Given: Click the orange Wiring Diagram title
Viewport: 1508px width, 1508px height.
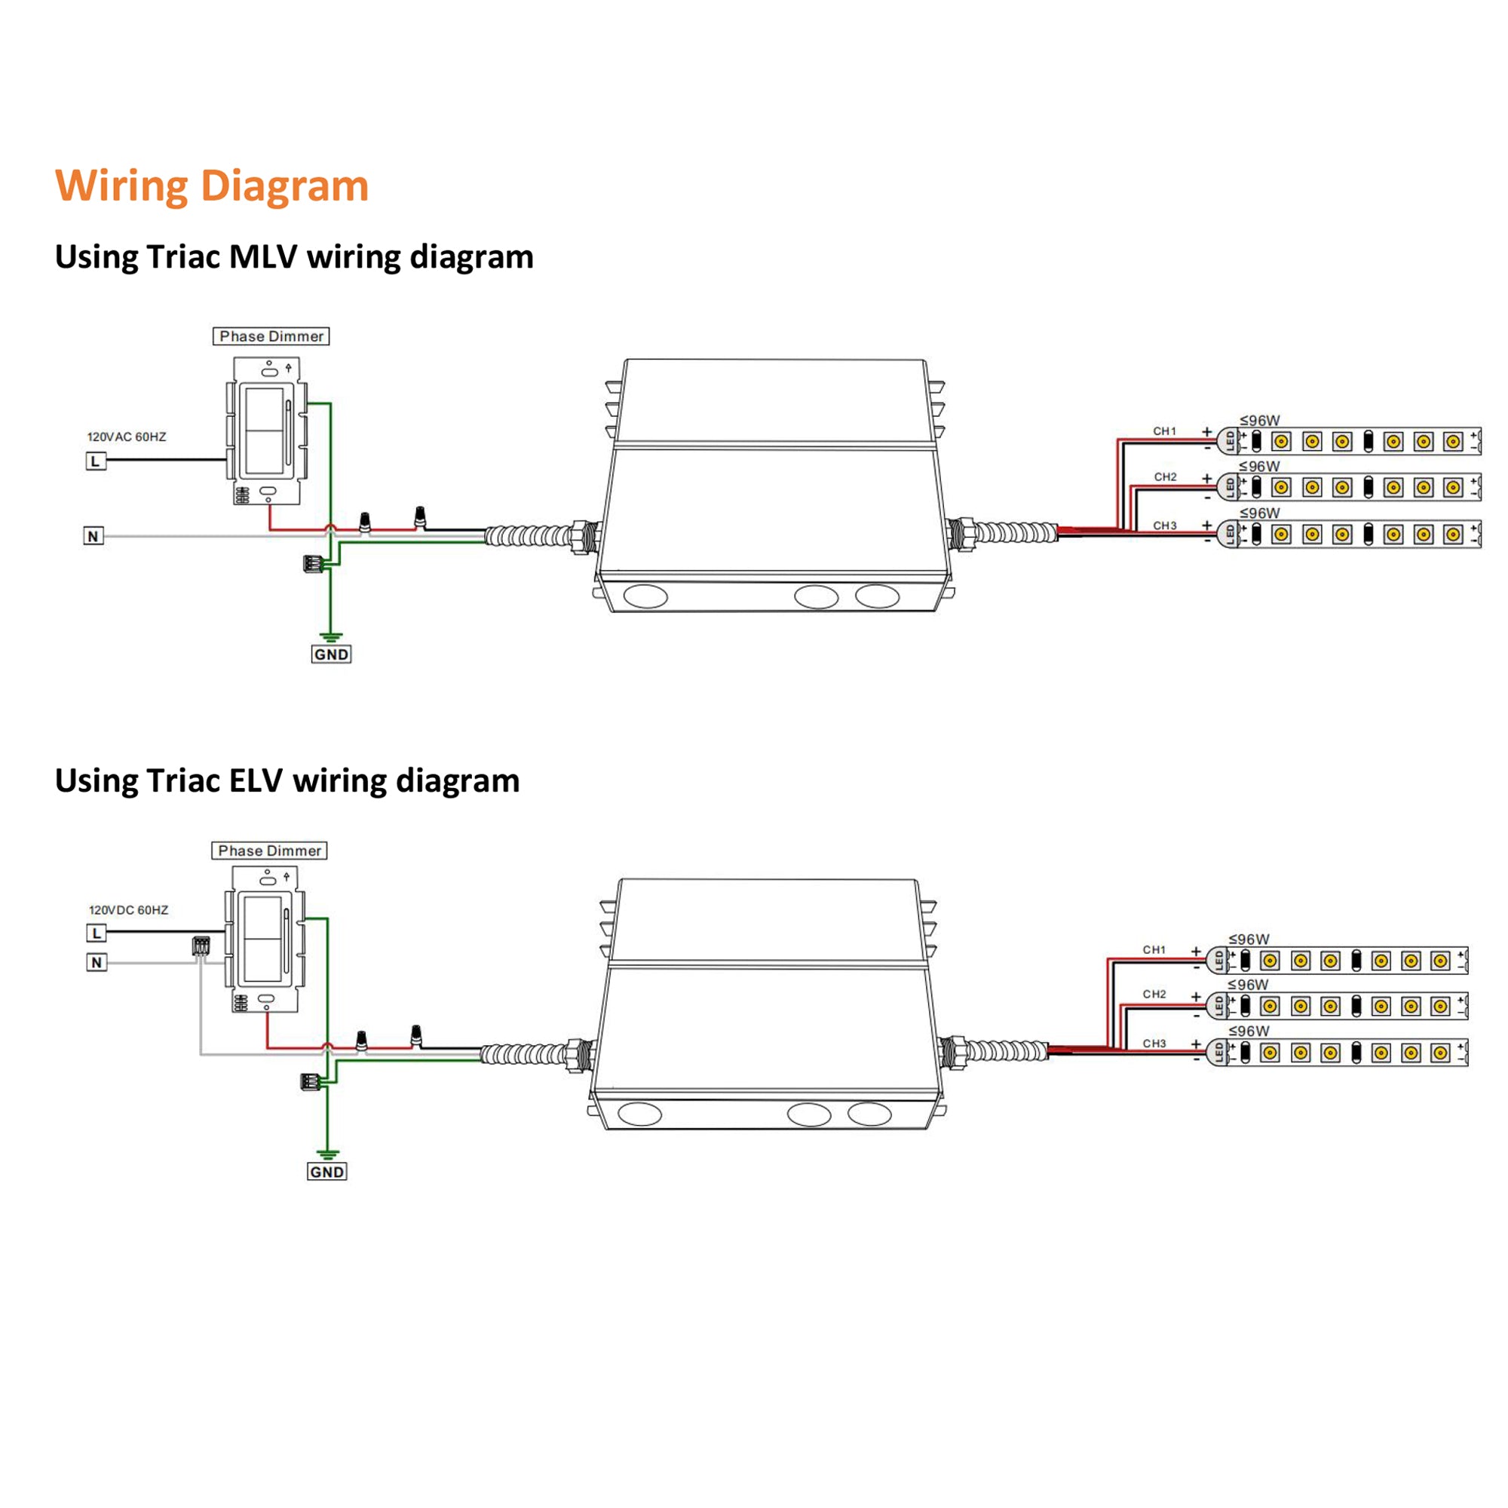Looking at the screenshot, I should [x=212, y=185].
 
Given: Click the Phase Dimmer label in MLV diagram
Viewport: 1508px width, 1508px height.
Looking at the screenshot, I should [x=271, y=336].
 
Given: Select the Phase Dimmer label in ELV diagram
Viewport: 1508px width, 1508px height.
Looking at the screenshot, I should [x=269, y=851].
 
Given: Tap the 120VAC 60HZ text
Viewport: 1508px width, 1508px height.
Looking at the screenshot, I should [x=127, y=437].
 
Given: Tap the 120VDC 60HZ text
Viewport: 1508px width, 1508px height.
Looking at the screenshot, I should [x=128, y=910].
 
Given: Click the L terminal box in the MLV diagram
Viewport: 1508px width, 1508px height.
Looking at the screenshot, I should [x=95, y=461].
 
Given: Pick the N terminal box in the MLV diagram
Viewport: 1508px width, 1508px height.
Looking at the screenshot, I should [x=93, y=536].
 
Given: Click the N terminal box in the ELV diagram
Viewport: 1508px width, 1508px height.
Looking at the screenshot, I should [x=96, y=962].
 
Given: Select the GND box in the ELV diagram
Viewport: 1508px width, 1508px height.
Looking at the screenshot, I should [x=326, y=1172].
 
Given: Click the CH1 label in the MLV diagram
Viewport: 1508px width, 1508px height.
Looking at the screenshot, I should [x=1165, y=431].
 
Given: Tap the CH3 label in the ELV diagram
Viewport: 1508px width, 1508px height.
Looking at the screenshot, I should [x=1154, y=1044].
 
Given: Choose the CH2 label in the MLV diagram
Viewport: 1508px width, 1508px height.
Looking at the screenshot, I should [x=1166, y=477].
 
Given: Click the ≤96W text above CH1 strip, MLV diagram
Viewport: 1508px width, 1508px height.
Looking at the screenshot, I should [x=1260, y=421].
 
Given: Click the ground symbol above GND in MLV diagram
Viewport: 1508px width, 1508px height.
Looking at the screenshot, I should [x=331, y=637].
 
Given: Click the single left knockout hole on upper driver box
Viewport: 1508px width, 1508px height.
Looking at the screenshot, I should [x=645, y=596].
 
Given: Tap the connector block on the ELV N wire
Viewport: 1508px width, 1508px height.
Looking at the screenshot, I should [x=201, y=946].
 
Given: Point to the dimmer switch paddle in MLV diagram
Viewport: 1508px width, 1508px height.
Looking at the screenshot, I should [x=264, y=431].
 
